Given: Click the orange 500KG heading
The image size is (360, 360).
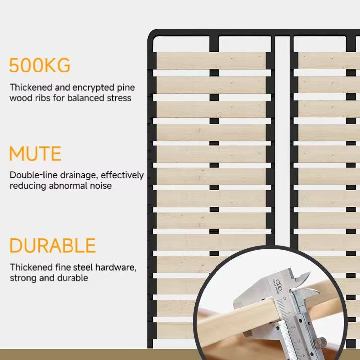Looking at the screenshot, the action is point(40,65).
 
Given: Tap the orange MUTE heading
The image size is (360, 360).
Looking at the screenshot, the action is point(35,154).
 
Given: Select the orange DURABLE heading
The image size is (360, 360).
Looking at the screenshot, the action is point(53,246).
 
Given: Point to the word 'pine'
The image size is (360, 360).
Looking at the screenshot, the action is point(126,88).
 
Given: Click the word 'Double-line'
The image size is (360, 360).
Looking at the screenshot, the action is point(34,175).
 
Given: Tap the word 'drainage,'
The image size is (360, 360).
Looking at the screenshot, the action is point(79,176).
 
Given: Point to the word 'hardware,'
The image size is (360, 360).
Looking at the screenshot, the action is point(116,268).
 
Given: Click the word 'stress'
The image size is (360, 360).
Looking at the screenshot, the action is point(120,98).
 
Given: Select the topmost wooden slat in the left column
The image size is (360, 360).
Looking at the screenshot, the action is point(211,60).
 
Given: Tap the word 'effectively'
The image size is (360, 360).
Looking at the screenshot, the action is point(122,175).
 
